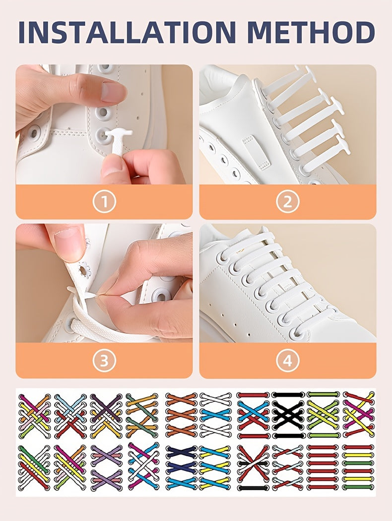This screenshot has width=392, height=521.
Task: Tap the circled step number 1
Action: (104, 202)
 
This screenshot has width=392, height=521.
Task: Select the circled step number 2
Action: (288, 202)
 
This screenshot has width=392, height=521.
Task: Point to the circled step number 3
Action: (104, 361)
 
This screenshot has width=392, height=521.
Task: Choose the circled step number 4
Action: (288, 361)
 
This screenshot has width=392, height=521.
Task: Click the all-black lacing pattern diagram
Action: (288, 415)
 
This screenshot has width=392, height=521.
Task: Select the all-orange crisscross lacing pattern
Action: (181, 415)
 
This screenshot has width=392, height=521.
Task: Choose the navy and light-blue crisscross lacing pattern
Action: (181, 468)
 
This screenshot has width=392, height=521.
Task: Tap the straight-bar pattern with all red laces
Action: (323, 468)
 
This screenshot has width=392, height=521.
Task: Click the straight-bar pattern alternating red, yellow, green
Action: (359, 468)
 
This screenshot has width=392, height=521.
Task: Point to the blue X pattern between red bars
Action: (253, 415)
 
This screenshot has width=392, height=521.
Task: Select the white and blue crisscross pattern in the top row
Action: (216, 415)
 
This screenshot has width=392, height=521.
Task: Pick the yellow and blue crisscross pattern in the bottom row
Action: (216, 468)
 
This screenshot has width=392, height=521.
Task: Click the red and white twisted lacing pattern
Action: (288, 468)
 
